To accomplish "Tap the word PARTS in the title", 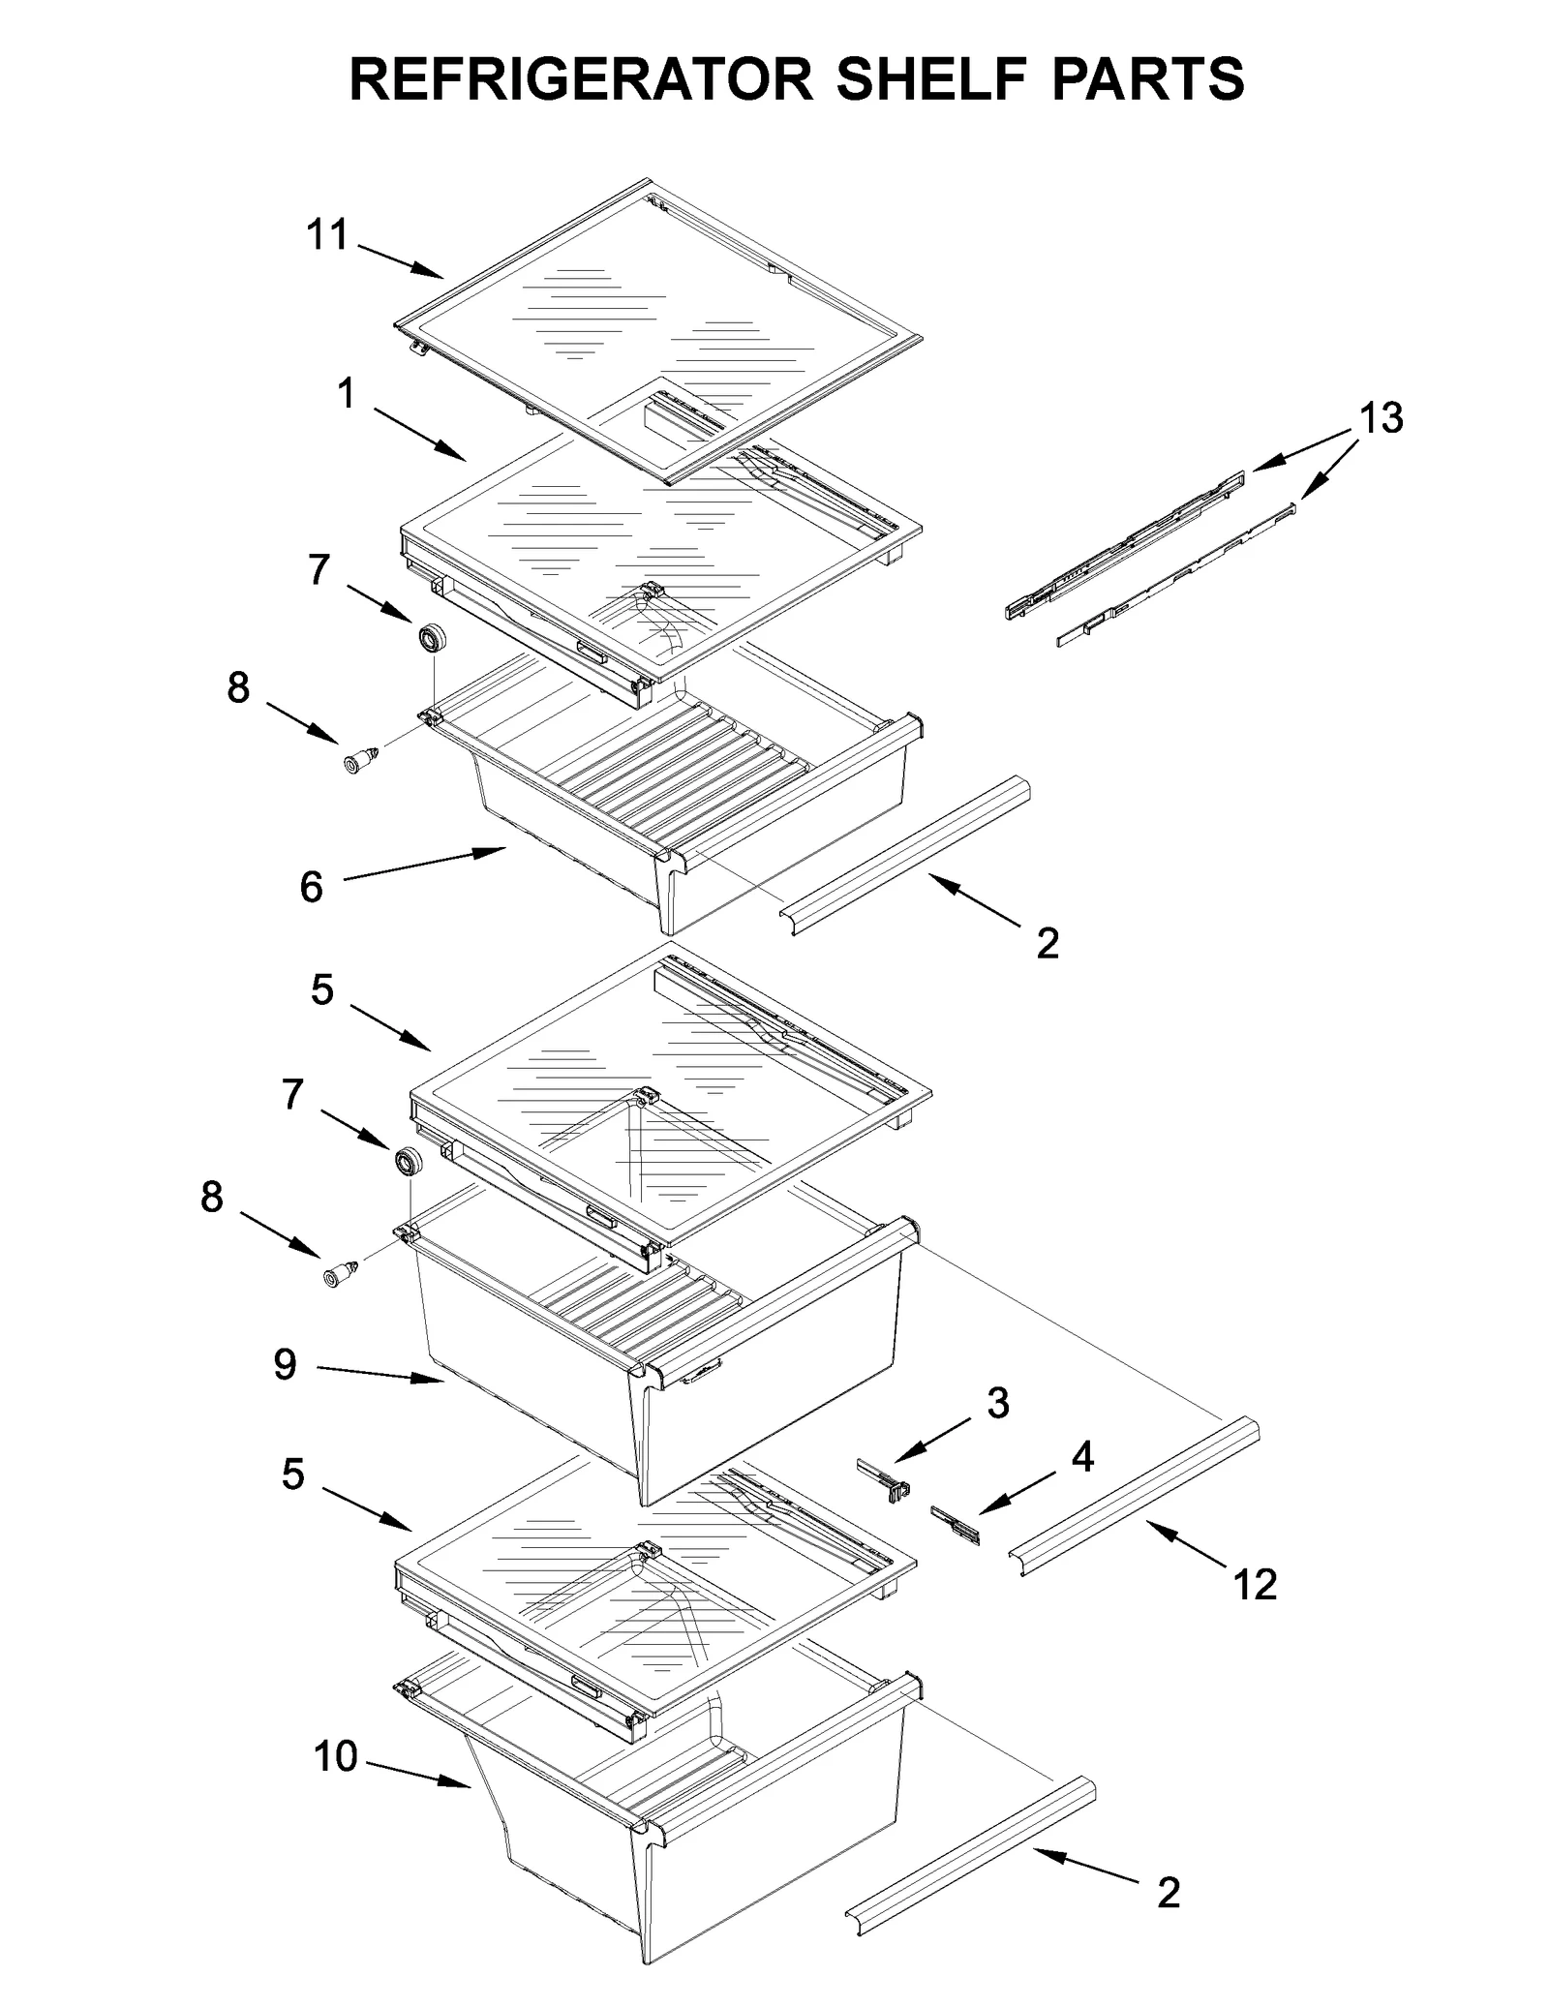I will (x=1147, y=79).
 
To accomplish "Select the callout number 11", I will (x=326, y=235).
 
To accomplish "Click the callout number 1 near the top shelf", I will (x=346, y=394).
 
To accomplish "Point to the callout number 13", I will (x=1380, y=418).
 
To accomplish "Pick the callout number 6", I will (x=311, y=887).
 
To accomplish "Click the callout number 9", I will (x=285, y=1365).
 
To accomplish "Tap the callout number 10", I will (x=336, y=1756).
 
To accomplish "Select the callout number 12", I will (x=1255, y=1585).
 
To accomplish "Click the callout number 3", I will (x=997, y=1403).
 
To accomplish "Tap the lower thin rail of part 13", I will (x=1176, y=573).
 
